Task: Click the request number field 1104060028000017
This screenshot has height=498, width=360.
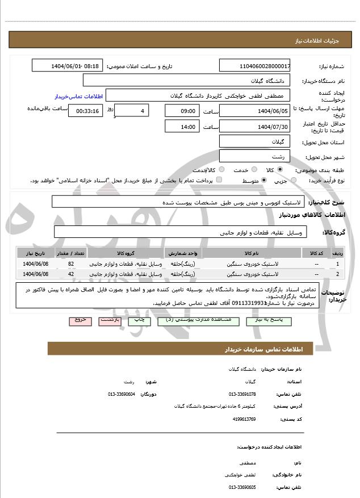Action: (x=255, y=66)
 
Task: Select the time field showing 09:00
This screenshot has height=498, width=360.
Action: (x=182, y=111)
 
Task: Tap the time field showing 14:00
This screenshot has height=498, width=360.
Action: (x=182, y=126)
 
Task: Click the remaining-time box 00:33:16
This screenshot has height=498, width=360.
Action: (x=86, y=111)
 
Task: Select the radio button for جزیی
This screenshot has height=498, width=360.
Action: (x=293, y=181)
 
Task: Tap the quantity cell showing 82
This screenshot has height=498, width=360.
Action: (x=71, y=264)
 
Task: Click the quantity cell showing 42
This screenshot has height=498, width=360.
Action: (x=71, y=274)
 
